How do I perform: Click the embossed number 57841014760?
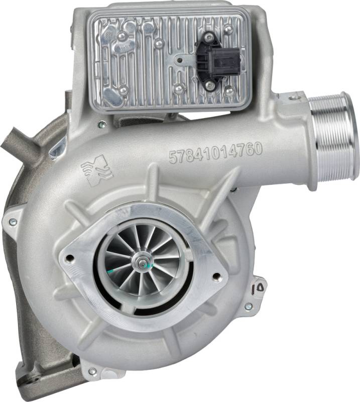tap(216, 153)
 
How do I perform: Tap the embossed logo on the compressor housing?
tap(97, 170)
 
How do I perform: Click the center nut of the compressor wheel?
tap(142, 262)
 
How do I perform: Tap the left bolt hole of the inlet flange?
tap(69, 257)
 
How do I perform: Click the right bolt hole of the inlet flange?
tap(216, 276)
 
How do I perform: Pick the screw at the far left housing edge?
tap(13, 222)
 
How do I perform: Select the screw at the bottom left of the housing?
tap(92, 371)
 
